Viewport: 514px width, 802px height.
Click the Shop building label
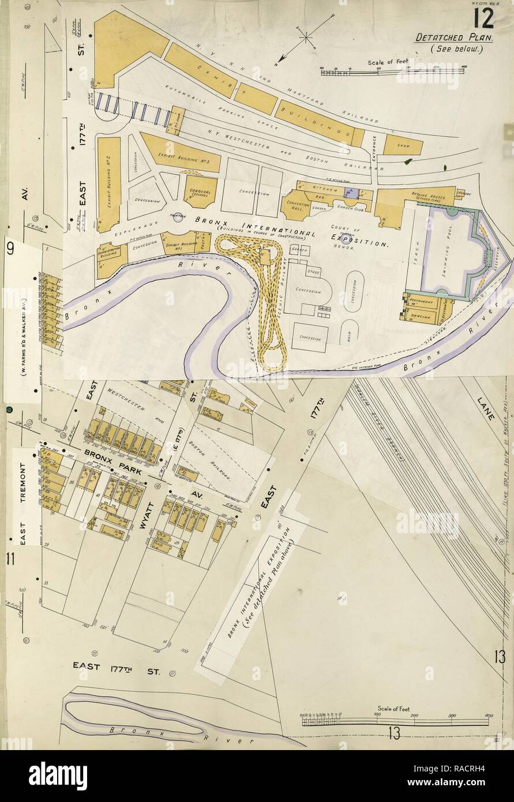(403, 146)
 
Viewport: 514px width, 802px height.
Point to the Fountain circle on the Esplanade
(178, 215)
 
